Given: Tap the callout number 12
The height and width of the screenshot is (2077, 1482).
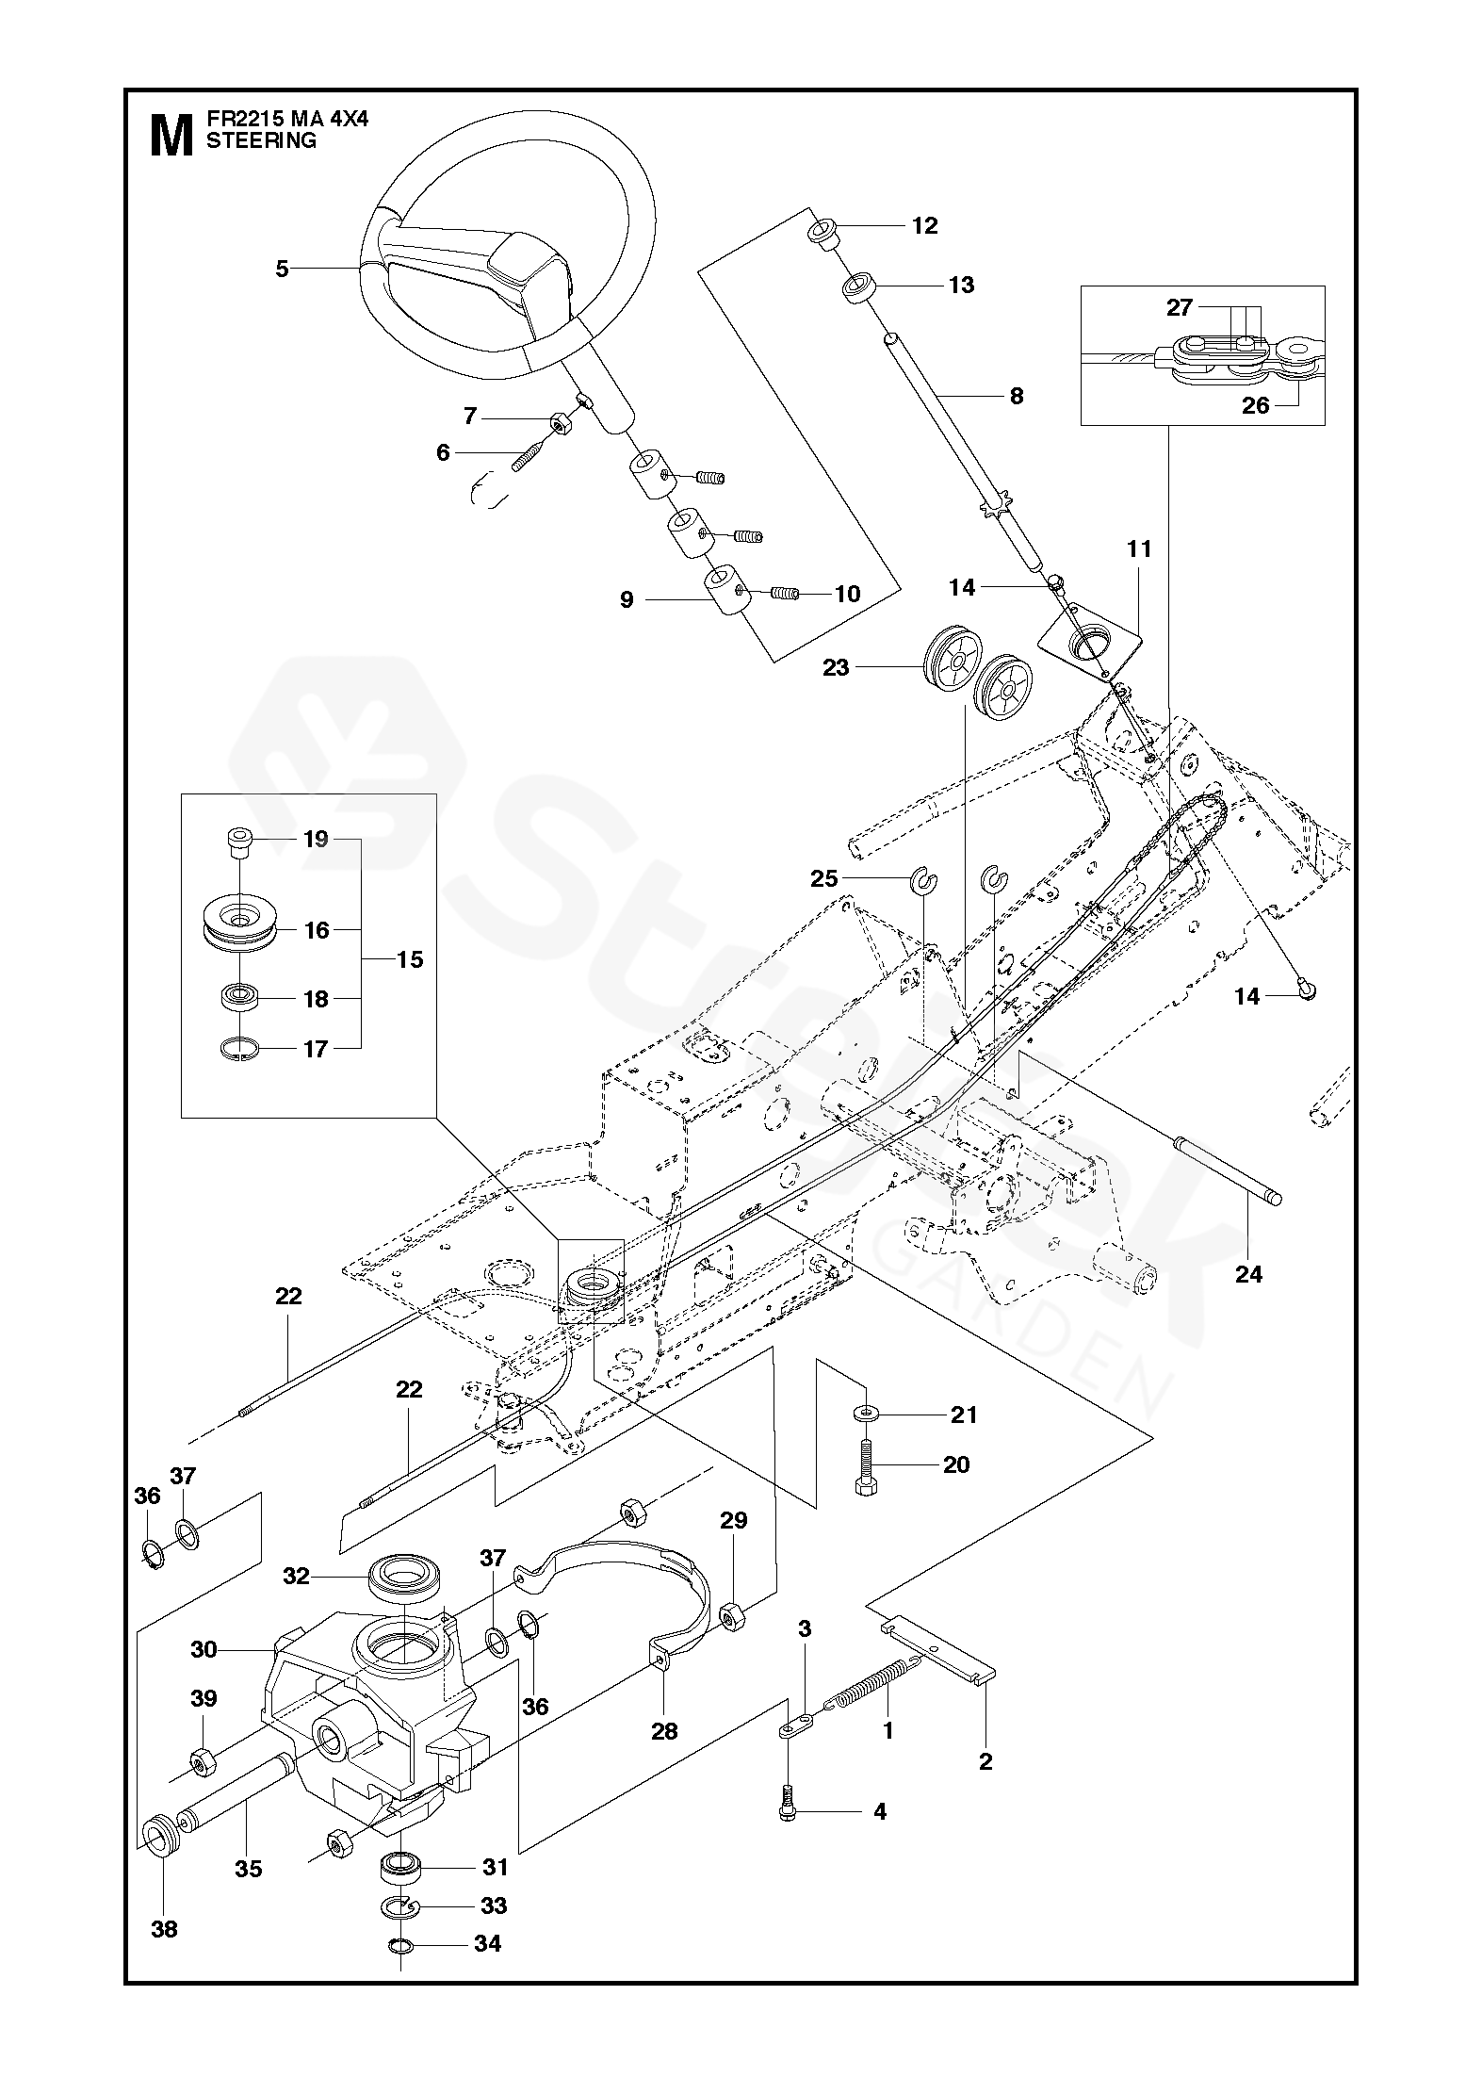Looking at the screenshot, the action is coord(925,225).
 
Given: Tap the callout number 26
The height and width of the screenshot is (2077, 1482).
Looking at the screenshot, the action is coord(1256,405).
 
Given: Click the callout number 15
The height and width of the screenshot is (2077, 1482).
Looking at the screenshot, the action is coord(411,960).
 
